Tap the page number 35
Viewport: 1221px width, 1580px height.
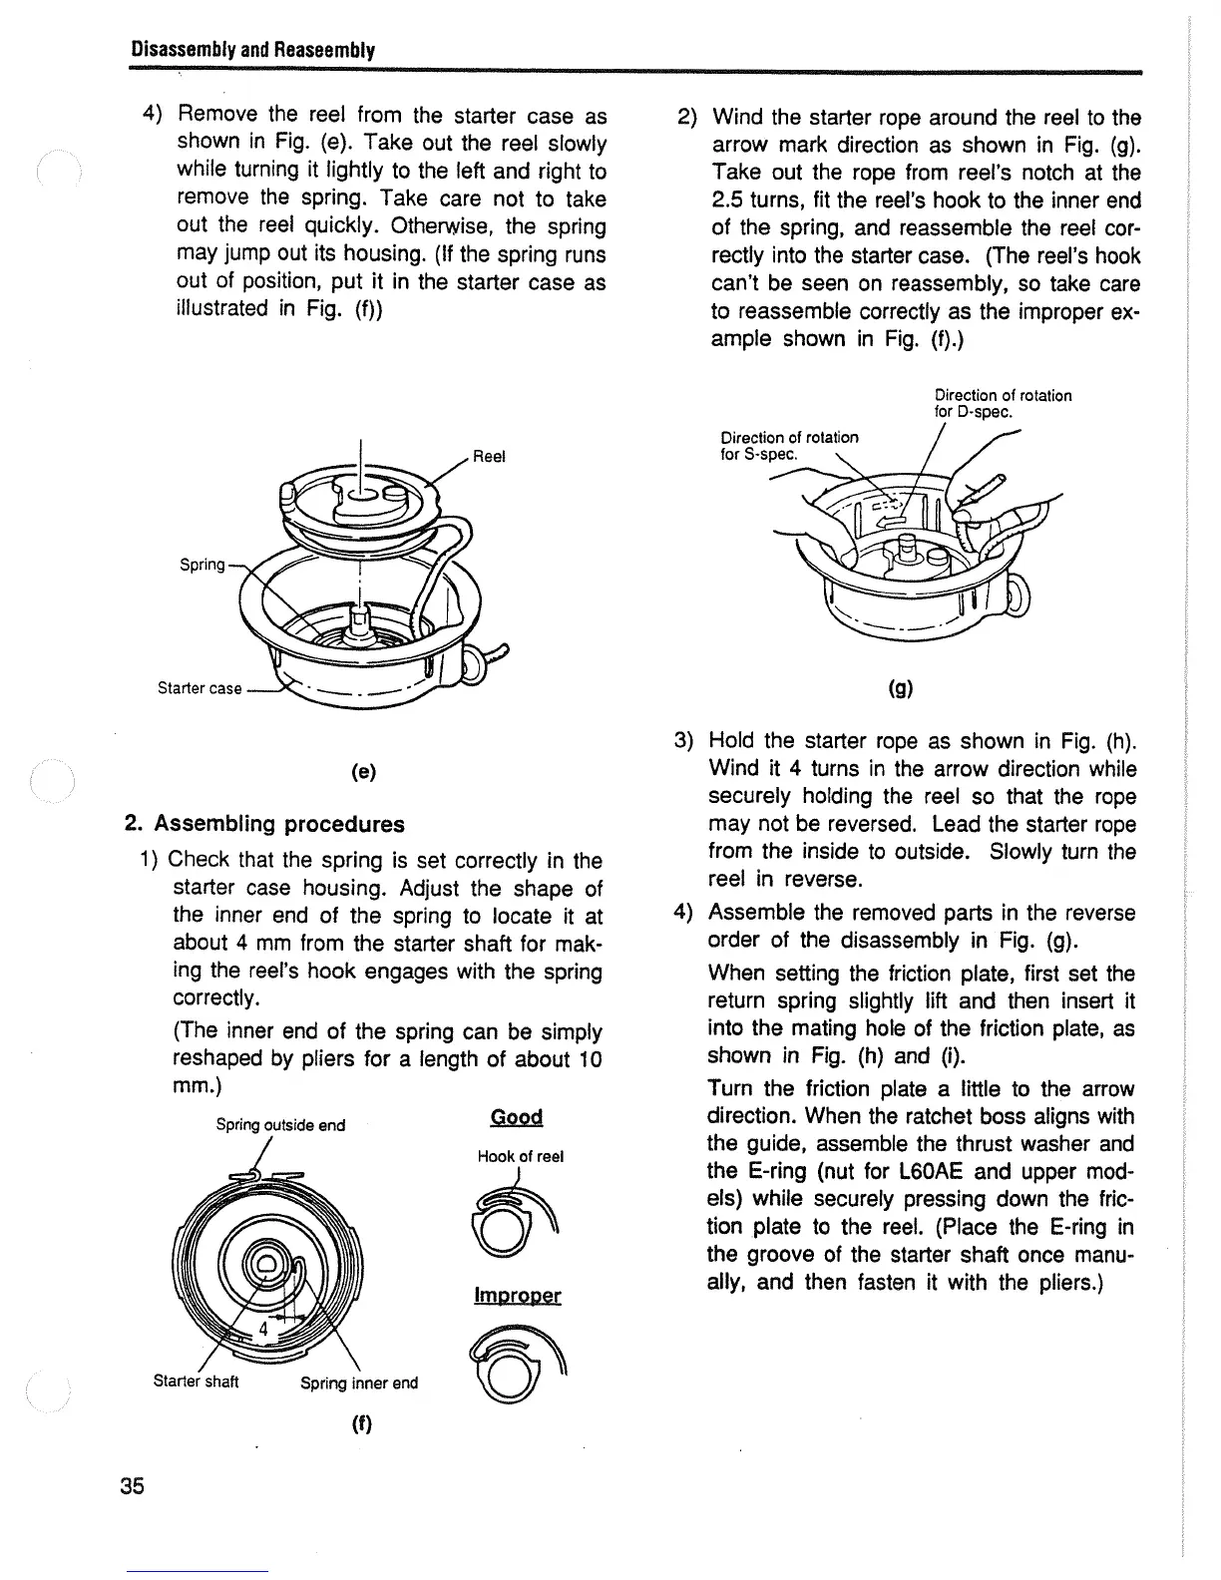[133, 1486]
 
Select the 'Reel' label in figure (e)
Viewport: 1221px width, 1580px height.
[489, 456]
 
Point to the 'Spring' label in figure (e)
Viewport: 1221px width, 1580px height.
[202, 565]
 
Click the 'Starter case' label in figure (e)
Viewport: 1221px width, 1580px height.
[200, 688]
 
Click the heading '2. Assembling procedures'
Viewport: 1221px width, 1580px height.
[264, 824]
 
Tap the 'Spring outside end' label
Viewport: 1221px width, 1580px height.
[280, 1125]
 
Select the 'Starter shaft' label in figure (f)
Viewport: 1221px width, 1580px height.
[196, 1382]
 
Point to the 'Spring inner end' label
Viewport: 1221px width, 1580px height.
[359, 1382]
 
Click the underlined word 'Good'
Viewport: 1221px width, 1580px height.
[517, 1117]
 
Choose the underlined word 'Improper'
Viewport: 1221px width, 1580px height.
[517, 1296]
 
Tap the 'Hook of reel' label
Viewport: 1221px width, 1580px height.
[520, 1156]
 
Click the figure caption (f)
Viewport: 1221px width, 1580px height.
[360, 1424]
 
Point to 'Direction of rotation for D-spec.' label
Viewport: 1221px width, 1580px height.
[1002, 403]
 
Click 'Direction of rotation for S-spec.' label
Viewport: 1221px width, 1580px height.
[788, 445]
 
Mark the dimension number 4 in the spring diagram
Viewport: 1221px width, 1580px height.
[264, 1329]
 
